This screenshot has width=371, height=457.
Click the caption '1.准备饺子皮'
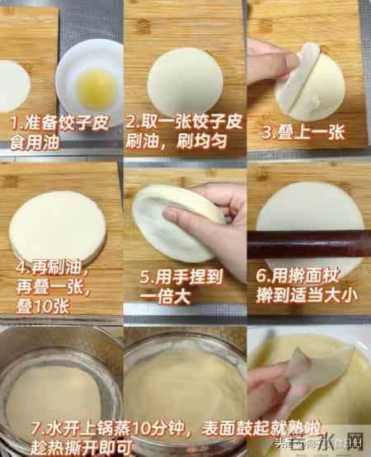[x=50, y=123]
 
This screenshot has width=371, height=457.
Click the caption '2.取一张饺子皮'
[x=182, y=123]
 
